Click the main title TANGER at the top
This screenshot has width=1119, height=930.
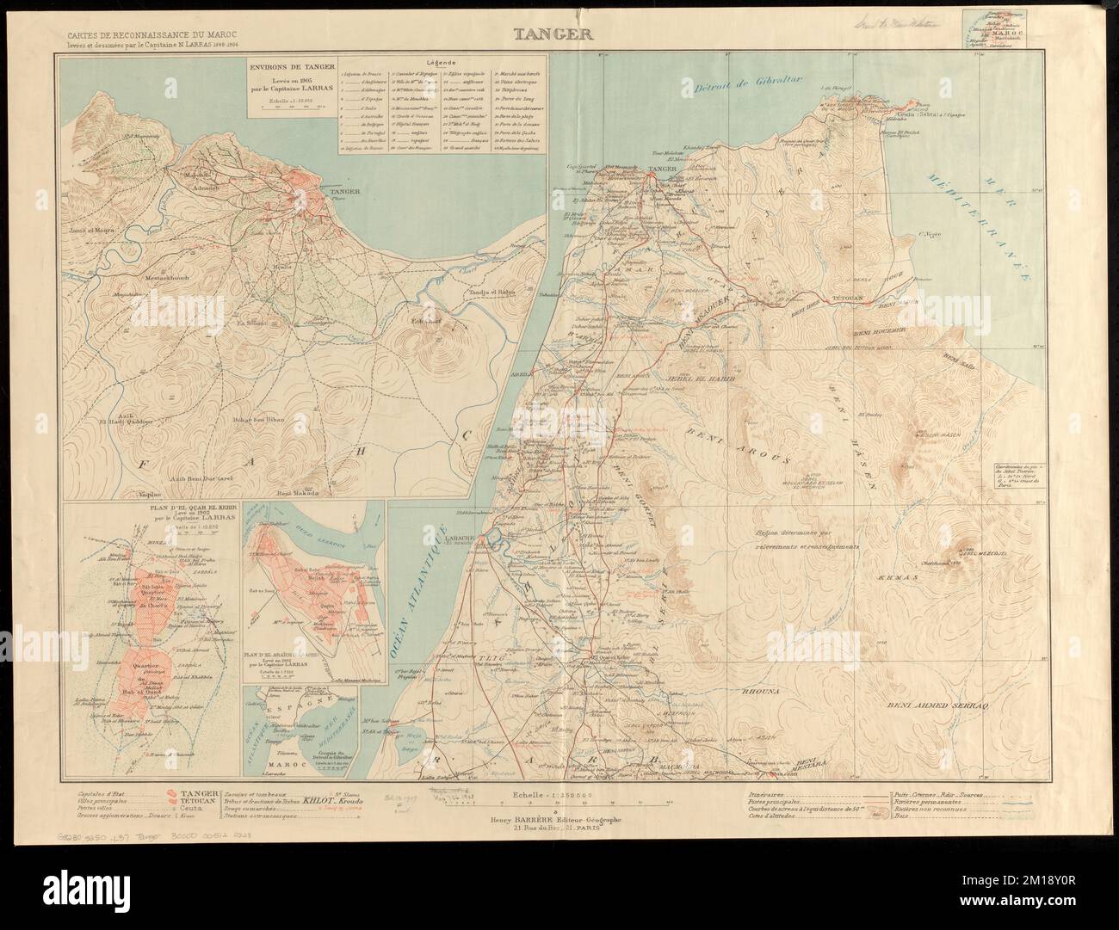(559, 36)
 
